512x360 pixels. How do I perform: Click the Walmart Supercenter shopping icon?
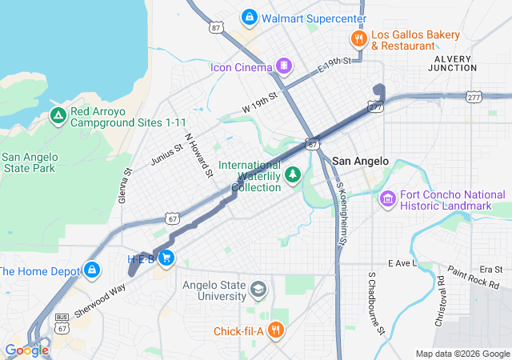[250, 17]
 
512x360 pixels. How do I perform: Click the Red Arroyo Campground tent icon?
[58, 116]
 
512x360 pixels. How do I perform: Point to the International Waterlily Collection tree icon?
[294, 174]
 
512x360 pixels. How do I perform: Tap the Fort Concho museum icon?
[388, 198]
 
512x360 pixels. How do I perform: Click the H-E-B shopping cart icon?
[166, 258]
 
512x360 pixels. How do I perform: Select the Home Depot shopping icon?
[92, 270]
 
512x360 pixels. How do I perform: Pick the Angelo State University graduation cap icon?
[258, 289]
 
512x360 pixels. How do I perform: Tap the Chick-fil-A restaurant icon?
[275, 330]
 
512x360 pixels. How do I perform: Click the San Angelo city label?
[360, 161]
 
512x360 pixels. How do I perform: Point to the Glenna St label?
[126, 186]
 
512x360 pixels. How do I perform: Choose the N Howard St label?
[198, 154]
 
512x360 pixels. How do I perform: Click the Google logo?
[26, 350]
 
